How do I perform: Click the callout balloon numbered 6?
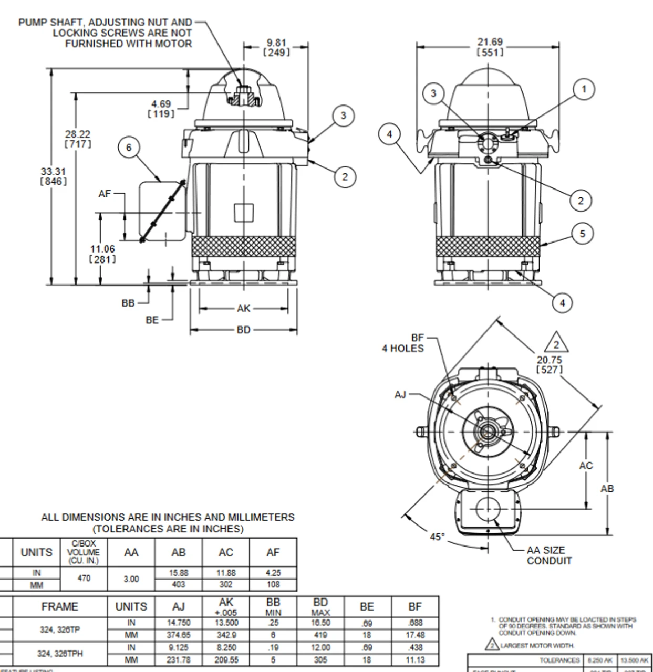pyautogui.click(x=129, y=148)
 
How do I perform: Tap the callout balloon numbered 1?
pyautogui.click(x=584, y=89)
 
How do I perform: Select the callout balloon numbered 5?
pyautogui.click(x=582, y=233)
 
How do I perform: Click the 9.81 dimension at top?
pyautogui.click(x=276, y=47)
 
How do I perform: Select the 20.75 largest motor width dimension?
pyautogui.click(x=549, y=364)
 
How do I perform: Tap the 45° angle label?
pyautogui.click(x=437, y=537)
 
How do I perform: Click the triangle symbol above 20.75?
pyautogui.click(x=556, y=344)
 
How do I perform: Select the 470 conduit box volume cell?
pyautogui.click(x=84, y=578)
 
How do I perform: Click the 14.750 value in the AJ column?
pyautogui.click(x=179, y=623)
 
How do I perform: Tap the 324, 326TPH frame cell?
pyautogui.click(x=59, y=654)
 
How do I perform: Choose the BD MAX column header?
pyautogui.click(x=320, y=607)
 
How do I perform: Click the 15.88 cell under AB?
pyautogui.click(x=179, y=573)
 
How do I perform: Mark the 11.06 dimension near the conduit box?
pyautogui.click(x=102, y=254)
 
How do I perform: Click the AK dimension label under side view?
pyautogui.click(x=243, y=309)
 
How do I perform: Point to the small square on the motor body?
pyautogui.click(x=243, y=213)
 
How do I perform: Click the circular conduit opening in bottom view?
pyautogui.click(x=489, y=509)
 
